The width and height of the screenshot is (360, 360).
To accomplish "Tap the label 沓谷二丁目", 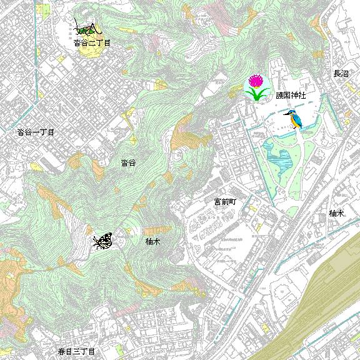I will [91, 43].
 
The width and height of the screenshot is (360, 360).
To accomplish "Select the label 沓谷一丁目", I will [36, 132].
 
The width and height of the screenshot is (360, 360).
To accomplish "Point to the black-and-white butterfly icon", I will [103, 241].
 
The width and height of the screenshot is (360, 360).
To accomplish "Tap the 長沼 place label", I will [341, 74].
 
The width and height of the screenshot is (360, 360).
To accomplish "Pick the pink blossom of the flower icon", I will [256, 81].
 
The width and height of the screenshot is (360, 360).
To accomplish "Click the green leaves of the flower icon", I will [256, 95].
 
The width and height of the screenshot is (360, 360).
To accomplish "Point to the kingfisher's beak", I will [285, 113].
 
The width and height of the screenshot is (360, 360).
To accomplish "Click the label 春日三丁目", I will [76, 352].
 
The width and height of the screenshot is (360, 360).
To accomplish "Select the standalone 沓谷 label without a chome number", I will [128, 162].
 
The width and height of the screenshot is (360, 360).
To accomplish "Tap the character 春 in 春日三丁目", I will [62, 352].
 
